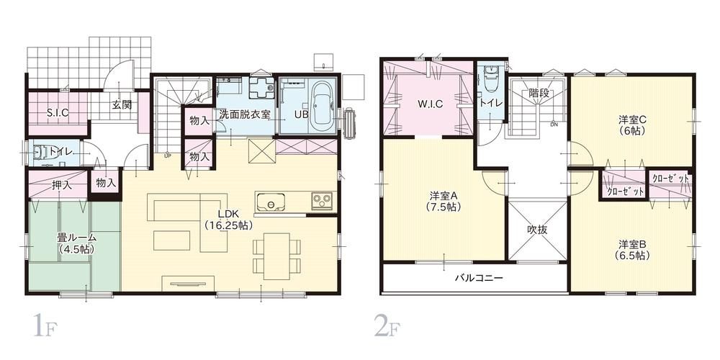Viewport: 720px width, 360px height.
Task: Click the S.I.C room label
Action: point(58,112)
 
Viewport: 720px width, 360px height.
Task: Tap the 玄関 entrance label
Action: point(122,104)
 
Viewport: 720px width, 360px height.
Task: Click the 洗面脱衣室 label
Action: point(245,114)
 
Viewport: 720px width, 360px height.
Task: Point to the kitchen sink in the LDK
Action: point(273,201)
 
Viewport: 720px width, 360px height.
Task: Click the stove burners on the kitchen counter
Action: point(320,200)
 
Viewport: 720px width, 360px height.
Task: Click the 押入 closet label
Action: point(62,185)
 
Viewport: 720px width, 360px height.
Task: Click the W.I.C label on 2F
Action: point(430,104)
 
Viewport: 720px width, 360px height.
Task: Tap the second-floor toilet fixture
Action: point(492,78)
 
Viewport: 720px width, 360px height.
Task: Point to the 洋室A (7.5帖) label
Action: point(444,201)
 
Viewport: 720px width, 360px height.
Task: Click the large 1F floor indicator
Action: point(41,327)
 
